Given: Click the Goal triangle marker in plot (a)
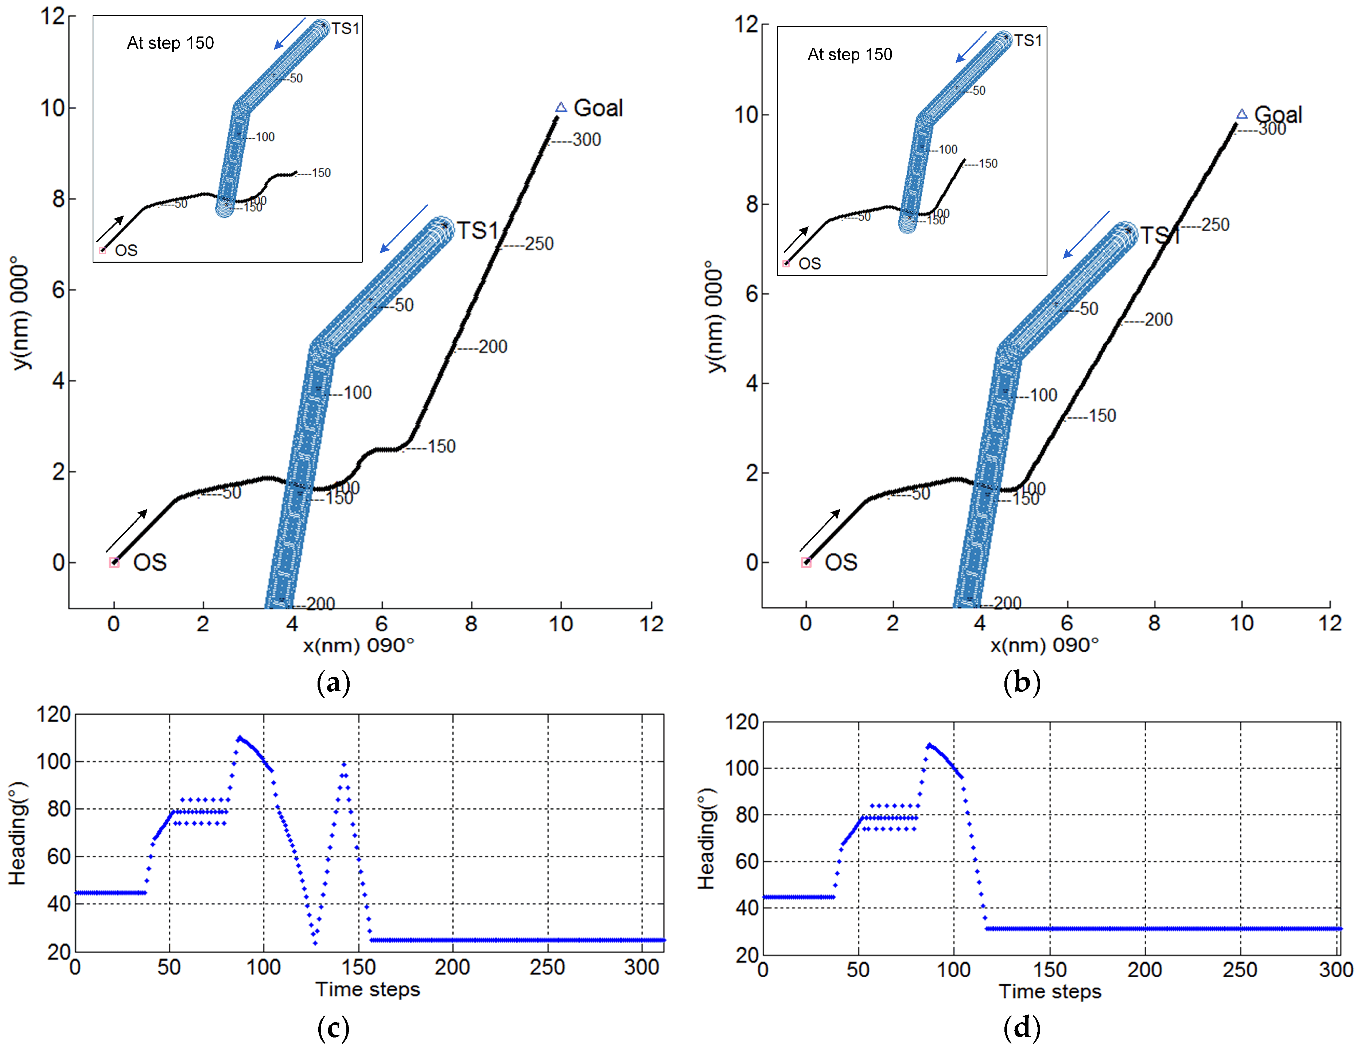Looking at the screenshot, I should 561,108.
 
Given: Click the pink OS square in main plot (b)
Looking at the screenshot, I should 806,562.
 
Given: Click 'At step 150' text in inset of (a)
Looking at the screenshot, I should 170,43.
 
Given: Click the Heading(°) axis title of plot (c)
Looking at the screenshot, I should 17,833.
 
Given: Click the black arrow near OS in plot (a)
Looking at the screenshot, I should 127,530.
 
